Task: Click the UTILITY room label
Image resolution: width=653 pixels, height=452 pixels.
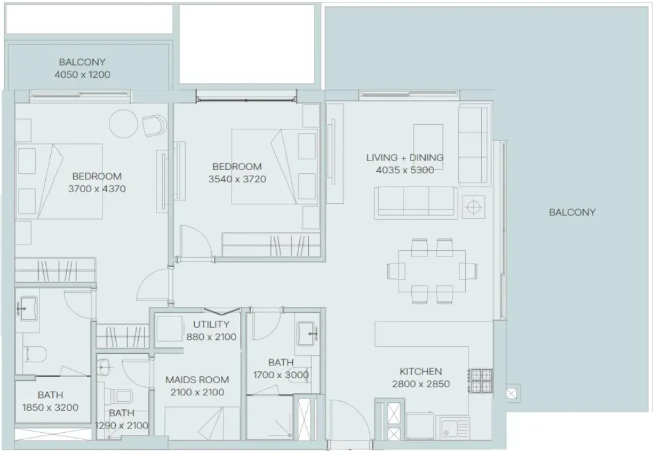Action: (211, 324)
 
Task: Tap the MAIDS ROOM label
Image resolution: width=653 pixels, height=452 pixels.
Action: (197, 379)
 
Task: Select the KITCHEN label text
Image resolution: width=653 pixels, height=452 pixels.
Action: (421, 371)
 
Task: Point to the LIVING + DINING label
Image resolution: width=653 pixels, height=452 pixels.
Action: (405, 157)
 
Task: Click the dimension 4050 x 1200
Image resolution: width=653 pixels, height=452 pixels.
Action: (83, 74)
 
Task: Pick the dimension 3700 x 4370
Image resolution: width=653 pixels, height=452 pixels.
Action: (97, 188)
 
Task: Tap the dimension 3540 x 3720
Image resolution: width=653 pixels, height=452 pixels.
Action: (237, 179)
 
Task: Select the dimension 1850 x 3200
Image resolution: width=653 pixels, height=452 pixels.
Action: (50, 407)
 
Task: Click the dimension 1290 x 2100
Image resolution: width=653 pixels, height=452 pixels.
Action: (122, 425)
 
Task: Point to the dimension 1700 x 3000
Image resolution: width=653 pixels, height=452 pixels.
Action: (281, 375)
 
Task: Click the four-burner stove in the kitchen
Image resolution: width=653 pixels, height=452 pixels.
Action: (480, 381)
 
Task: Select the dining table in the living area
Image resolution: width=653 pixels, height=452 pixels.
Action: (432, 271)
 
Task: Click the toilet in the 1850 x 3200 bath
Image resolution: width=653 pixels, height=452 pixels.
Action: (34, 354)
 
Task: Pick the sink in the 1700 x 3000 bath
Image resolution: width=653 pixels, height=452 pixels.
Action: (308, 334)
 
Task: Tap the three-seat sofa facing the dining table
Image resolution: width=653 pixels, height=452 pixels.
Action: (416, 202)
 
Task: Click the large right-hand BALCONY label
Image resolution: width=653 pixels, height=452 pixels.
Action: (572, 212)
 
